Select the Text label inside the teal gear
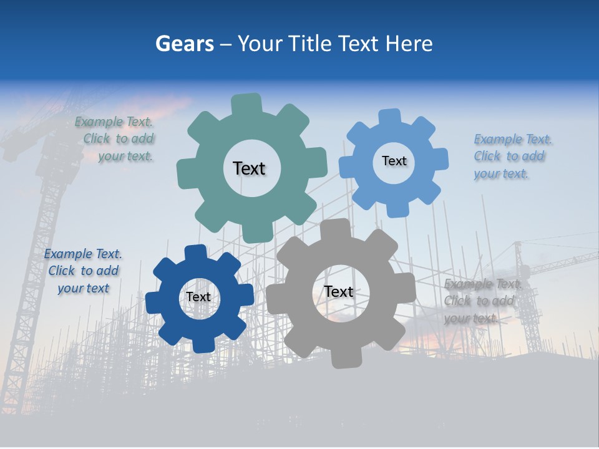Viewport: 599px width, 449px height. pyautogui.click(x=249, y=168)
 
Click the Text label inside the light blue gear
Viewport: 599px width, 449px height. pyautogui.click(x=394, y=161)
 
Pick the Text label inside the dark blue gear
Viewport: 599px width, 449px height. pyautogui.click(x=198, y=297)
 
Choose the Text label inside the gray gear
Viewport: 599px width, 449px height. pyautogui.click(x=338, y=291)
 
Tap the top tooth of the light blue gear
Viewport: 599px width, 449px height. pyautogui.click(x=389, y=117)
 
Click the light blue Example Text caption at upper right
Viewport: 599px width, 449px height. pyautogui.click(x=512, y=157)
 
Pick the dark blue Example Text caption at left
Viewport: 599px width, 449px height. pyautogui.click(x=83, y=271)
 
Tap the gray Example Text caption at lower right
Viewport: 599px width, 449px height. pyautogui.click(x=482, y=301)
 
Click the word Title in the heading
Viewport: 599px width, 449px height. pyautogui.click(x=309, y=44)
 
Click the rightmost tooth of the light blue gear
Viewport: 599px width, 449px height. pyautogui.click(x=441, y=158)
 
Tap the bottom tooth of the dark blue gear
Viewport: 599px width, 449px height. pyautogui.click(x=203, y=345)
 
